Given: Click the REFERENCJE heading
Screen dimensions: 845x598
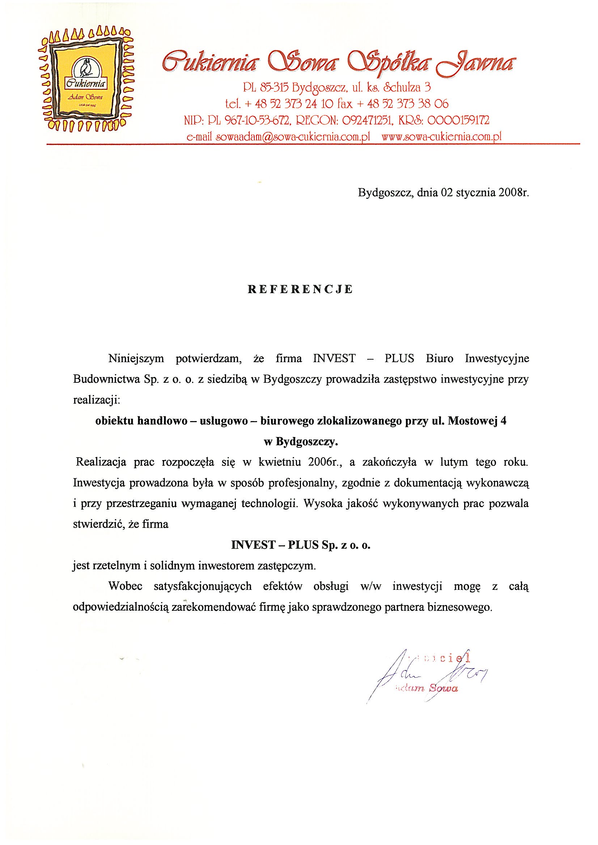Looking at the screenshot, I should [300, 289].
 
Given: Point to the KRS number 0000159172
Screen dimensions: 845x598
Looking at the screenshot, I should [458, 120].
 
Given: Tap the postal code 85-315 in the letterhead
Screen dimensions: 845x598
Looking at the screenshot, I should [270, 87].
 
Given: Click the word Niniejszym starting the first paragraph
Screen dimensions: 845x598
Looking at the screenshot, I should [136, 359].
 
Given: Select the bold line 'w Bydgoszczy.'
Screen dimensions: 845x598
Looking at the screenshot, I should [301, 442].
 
